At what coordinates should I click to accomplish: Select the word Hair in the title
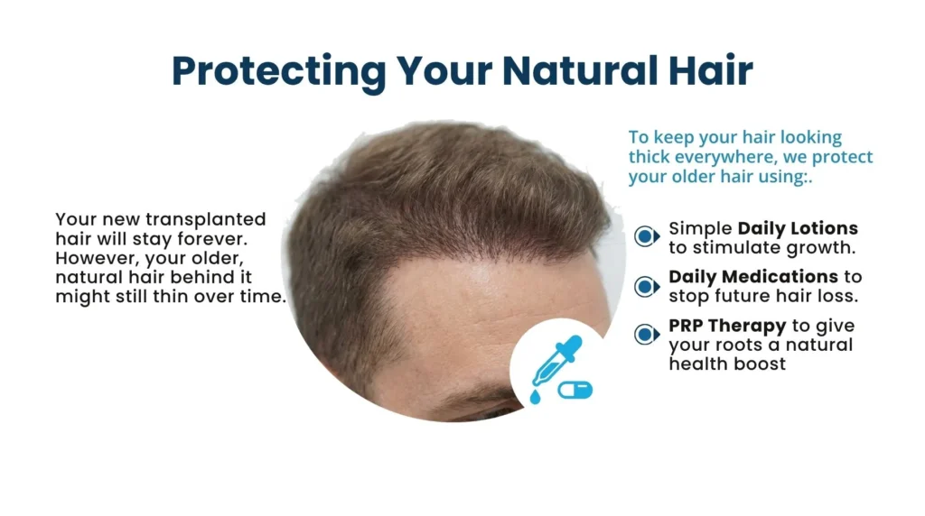tap(707, 70)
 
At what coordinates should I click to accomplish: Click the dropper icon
tap(551, 368)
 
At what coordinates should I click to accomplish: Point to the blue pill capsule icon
tap(575, 390)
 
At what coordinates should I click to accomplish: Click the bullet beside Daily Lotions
tap(646, 236)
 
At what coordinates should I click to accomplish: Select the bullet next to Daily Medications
tap(646, 286)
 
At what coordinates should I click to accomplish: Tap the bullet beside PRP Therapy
tap(646, 335)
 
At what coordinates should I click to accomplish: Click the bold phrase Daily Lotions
tap(798, 228)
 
